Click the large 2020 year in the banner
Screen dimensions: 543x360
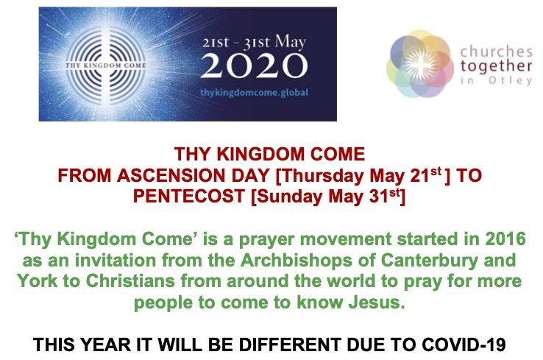point(254,66)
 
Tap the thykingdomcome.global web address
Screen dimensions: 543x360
point(254,93)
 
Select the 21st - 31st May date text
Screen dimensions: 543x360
point(254,43)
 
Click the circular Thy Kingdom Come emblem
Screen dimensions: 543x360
point(106,65)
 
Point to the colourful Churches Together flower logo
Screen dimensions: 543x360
point(420,64)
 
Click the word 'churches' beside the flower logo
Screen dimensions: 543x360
point(496,52)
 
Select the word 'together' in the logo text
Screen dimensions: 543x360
point(496,66)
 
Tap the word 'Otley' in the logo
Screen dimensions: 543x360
point(510,80)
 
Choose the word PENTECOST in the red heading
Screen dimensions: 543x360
point(189,196)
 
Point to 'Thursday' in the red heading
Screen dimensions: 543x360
point(323,176)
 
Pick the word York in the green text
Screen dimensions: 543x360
point(37,281)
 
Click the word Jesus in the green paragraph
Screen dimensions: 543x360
point(377,302)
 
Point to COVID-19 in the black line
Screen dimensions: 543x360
point(464,345)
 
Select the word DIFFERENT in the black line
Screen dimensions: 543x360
point(289,345)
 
